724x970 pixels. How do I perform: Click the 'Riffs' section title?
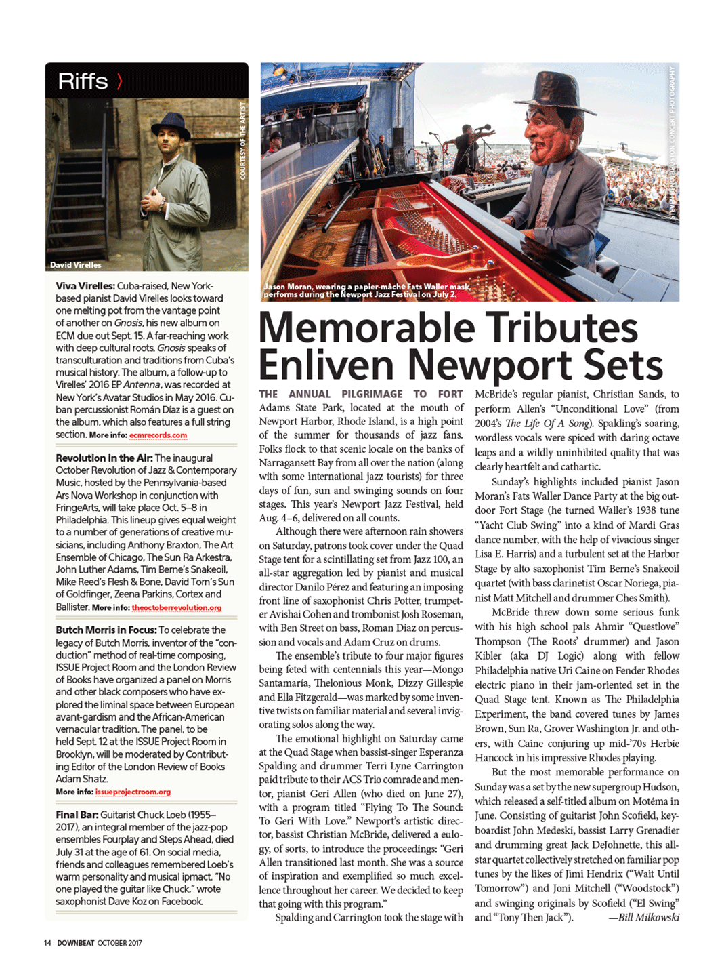83,81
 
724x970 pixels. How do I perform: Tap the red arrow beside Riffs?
120,81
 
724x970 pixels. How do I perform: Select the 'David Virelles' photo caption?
75,265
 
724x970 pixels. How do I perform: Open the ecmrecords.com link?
158,435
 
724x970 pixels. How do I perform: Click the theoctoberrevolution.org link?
176,608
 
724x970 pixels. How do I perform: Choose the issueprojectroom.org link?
133,792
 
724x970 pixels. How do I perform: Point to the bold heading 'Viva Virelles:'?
85,286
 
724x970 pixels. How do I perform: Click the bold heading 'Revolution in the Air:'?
104,458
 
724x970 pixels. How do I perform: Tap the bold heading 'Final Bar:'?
77,815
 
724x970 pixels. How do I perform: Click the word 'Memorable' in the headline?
366,328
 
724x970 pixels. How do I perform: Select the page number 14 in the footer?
47,943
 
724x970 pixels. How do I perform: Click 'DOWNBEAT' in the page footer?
75,943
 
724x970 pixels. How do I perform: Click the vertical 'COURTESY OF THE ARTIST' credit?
242,141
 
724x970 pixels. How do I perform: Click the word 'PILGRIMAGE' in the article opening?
372,394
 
